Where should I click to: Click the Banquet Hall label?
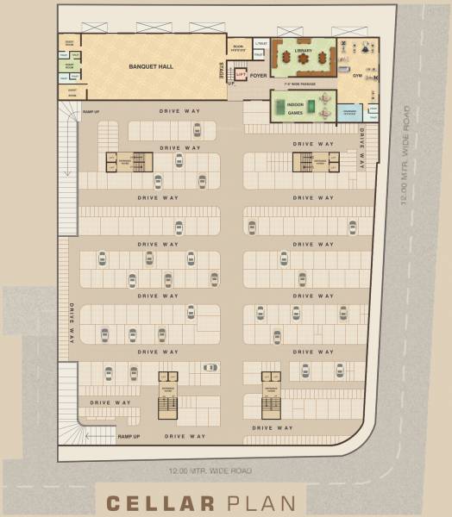tap(152, 66)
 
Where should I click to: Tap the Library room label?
tap(302, 51)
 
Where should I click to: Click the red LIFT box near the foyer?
tap(242, 76)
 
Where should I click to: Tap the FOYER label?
tap(258, 76)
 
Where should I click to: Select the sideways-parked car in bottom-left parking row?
tap(210, 367)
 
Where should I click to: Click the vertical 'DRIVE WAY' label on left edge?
tap(72, 324)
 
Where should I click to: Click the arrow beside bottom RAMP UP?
tap(100, 437)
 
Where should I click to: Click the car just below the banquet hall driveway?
tap(197, 130)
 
